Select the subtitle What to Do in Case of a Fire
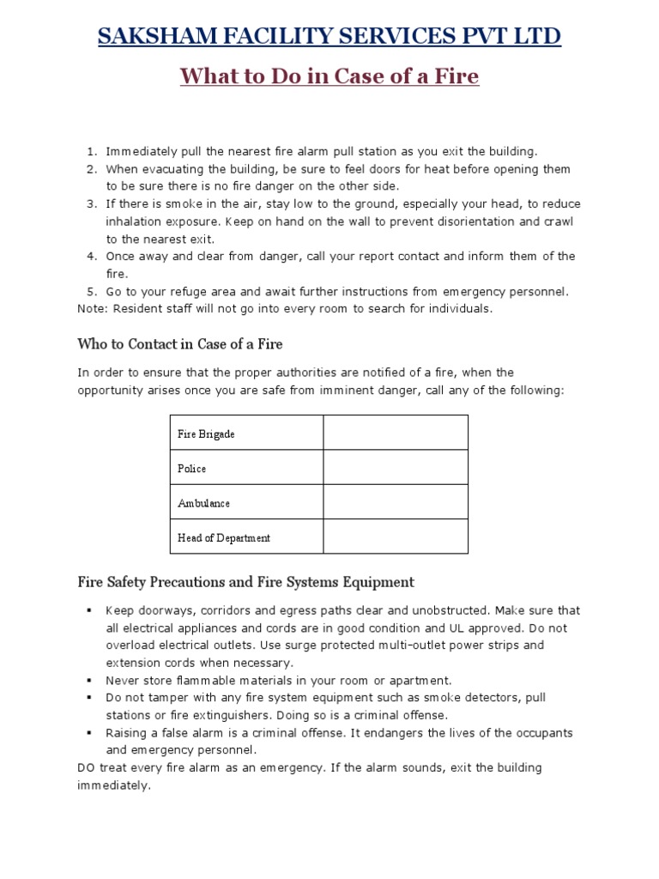coord(329,76)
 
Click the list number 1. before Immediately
coord(93,152)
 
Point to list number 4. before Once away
coord(93,257)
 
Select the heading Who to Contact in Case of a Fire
coord(180,344)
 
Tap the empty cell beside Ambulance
coord(396,502)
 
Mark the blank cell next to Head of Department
coord(396,537)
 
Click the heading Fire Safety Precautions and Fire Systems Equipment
coord(246,582)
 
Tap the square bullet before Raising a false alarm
coord(88,733)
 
